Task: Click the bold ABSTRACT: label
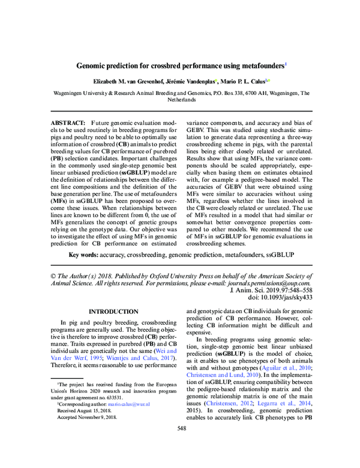click(68, 122)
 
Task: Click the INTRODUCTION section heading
click(113, 312)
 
